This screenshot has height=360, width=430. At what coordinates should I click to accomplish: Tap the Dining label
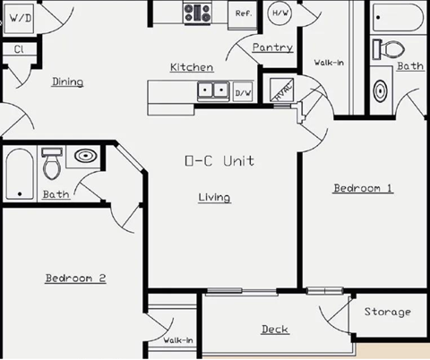click(67, 81)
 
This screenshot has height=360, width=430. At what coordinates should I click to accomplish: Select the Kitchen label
click(192, 67)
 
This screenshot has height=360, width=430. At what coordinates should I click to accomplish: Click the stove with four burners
click(197, 13)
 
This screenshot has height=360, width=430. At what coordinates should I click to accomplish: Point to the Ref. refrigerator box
click(243, 13)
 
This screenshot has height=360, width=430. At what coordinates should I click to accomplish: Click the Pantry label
click(272, 47)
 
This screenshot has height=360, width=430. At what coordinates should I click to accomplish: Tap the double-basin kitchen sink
click(213, 90)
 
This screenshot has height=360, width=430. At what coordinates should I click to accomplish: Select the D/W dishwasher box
click(243, 92)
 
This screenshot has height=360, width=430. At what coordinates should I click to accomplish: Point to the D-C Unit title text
click(219, 161)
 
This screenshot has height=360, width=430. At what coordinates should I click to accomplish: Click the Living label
click(214, 197)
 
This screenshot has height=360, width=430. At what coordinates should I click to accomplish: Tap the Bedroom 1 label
click(363, 188)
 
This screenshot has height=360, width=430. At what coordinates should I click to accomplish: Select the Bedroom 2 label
click(76, 279)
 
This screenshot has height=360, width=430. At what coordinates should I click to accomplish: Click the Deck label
click(274, 330)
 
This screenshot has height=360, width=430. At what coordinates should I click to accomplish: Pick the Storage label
click(387, 312)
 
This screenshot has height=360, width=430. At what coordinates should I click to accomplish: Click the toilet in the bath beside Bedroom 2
click(53, 165)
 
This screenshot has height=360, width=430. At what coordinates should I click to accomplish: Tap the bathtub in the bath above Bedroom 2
click(20, 174)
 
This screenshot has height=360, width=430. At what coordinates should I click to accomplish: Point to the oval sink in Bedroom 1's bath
click(381, 90)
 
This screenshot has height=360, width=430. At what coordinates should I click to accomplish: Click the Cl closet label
click(18, 49)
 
